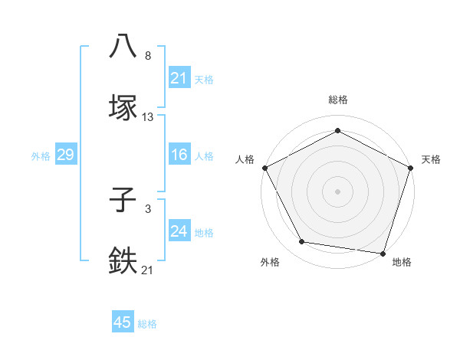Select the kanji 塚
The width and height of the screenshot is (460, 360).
tap(123, 108)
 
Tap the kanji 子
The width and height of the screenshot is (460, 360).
tap(123, 201)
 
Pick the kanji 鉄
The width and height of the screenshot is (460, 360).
tap(123, 260)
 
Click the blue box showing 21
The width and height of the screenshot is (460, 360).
tap(179, 78)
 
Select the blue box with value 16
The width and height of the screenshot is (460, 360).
tap(179, 155)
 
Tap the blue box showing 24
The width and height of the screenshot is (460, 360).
tap(179, 231)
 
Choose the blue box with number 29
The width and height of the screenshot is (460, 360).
tap(65, 155)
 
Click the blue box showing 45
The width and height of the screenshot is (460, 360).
tap(123, 322)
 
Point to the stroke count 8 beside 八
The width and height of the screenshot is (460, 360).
tap(147, 56)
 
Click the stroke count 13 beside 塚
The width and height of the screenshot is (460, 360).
tap(148, 117)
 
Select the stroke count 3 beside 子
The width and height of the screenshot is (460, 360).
tap(147, 208)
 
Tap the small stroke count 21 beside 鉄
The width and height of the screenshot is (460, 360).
tap(148, 269)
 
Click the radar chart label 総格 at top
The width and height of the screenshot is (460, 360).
tap(338, 100)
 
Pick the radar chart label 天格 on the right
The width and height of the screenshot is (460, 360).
tap(431, 159)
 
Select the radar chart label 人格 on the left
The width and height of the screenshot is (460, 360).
tap(245, 159)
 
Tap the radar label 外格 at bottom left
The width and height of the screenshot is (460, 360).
tap(270, 263)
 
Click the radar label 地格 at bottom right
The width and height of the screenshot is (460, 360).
tap(402, 263)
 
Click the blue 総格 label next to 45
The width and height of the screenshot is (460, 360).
tap(147, 324)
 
